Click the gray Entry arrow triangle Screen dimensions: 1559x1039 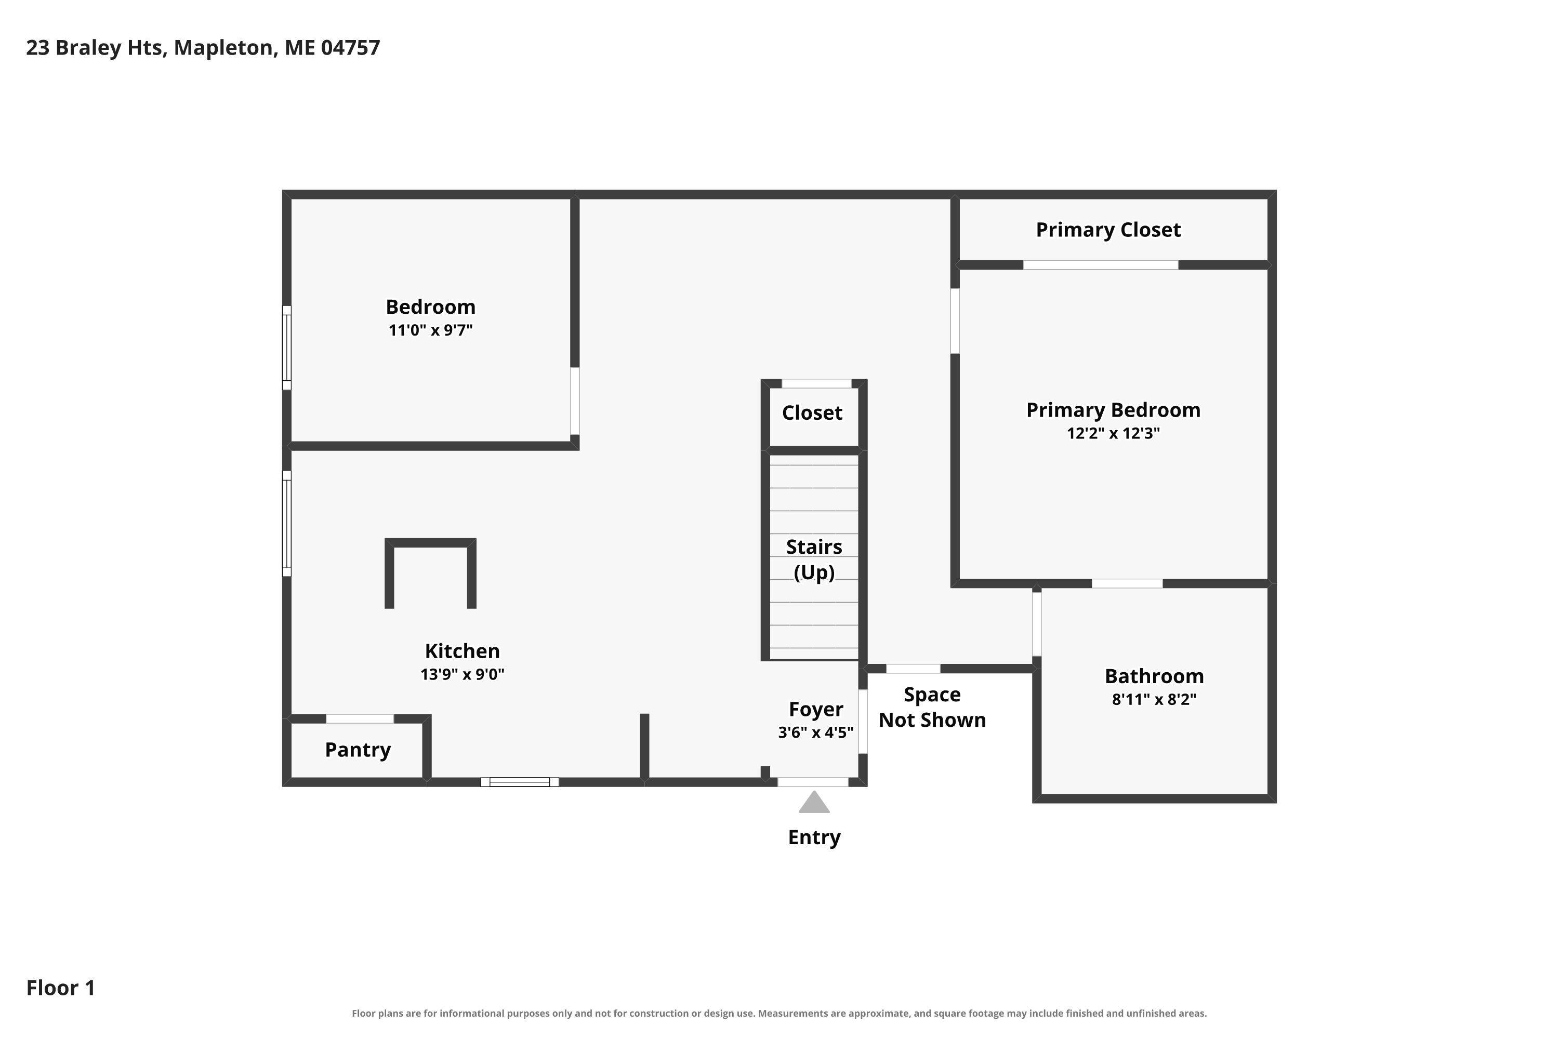pos(814,803)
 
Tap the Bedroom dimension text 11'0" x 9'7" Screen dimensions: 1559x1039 pos(431,330)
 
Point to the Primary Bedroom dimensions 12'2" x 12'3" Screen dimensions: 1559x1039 pos(1114,433)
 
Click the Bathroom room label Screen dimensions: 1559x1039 pos(1154,676)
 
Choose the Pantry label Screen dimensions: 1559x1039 pos(358,750)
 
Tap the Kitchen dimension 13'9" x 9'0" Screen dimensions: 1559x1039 pos(463,674)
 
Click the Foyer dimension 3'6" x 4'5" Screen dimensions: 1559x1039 pos(816,732)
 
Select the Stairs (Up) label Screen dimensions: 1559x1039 pos(814,560)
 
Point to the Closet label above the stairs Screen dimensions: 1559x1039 pos(813,413)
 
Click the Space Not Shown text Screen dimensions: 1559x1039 pos(933,707)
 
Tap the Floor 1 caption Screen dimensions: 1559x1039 pos(61,988)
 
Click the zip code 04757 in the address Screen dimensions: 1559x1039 pos(351,48)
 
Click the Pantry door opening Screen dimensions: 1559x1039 pos(360,719)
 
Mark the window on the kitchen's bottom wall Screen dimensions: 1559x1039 pos(520,782)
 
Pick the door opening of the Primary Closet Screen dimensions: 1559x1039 pos(1101,265)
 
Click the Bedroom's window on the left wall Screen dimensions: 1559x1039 pos(287,348)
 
